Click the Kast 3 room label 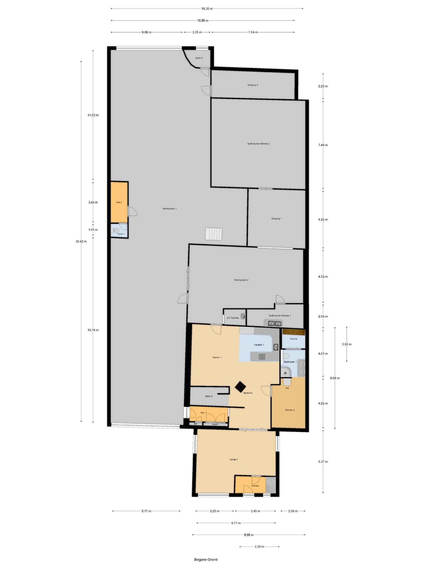(x=199, y=58)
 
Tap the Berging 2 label (x=253, y=85)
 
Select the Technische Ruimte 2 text (x=258, y=144)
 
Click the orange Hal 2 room (x=119, y=202)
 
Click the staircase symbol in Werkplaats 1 (x=214, y=234)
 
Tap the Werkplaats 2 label (x=241, y=280)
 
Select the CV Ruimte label (x=233, y=318)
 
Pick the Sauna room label (x=293, y=339)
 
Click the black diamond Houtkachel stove (x=240, y=386)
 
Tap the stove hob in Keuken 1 (x=262, y=356)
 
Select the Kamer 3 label (x=290, y=410)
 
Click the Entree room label (x=255, y=486)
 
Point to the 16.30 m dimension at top (x=207, y=9)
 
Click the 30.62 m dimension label (x=81, y=241)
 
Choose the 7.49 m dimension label (x=323, y=145)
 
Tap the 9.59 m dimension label (x=249, y=535)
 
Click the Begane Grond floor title (x=206, y=560)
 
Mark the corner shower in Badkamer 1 (x=286, y=373)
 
